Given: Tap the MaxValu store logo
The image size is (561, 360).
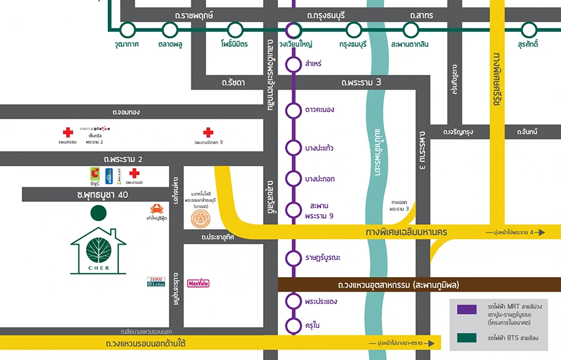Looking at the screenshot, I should pos(198,283).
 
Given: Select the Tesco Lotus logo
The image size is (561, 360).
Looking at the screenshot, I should pos(155,282).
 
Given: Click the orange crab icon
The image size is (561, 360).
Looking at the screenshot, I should pos(156,209).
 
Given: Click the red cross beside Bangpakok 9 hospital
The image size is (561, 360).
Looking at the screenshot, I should pos(208,132).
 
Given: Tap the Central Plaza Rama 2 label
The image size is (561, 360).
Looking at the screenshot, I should pos(95,135).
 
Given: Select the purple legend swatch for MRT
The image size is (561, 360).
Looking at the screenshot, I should pos(466,310).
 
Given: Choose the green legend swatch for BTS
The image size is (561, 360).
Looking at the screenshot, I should pos(466,338).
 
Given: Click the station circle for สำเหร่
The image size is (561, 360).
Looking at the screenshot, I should pos(293,64).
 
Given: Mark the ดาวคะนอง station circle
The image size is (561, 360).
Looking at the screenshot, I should pos(293,110).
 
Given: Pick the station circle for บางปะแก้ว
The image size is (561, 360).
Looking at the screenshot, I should pos(293,148).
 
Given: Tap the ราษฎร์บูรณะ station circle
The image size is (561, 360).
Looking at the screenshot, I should pos(293,257).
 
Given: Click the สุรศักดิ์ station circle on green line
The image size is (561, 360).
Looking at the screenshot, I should pos(529,29).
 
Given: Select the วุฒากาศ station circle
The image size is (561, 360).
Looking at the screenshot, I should pos(127,29).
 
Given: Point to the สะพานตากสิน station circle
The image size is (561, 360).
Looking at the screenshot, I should pos(410,29).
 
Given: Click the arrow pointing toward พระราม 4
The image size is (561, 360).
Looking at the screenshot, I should pos(539,232).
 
